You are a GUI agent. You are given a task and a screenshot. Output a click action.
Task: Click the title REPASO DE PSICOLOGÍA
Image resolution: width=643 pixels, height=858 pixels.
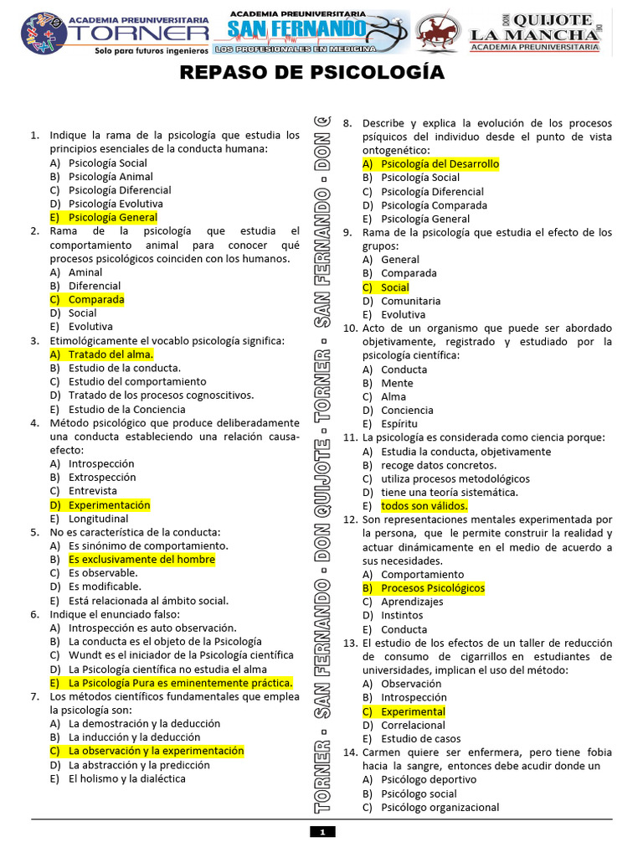coord(313,74)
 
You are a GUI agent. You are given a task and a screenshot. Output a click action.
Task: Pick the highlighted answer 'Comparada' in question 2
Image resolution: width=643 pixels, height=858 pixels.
coord(95,299)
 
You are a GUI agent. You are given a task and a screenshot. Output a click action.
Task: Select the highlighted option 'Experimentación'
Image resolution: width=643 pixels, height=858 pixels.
coord(109,505)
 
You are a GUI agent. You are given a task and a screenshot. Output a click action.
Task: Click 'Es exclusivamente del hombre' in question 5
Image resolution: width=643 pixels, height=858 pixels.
coord(141,559)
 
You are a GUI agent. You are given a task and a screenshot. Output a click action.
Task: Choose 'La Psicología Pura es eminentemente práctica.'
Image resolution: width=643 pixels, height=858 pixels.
coord(180,682)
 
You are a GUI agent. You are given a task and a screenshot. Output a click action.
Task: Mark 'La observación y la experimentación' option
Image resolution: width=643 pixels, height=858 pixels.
coord(156,751)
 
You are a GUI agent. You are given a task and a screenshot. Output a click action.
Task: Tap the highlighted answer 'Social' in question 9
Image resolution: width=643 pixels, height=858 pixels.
coord(394,287)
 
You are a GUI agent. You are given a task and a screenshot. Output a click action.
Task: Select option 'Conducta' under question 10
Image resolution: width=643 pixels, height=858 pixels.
coord(404,370)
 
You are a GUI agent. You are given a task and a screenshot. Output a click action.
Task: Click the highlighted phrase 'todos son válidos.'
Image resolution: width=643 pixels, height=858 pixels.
coord(424,506)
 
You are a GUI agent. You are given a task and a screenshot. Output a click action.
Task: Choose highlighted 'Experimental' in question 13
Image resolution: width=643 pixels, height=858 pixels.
coord(413,711)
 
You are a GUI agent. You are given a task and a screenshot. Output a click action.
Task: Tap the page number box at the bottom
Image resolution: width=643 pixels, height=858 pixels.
coord(321,831)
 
